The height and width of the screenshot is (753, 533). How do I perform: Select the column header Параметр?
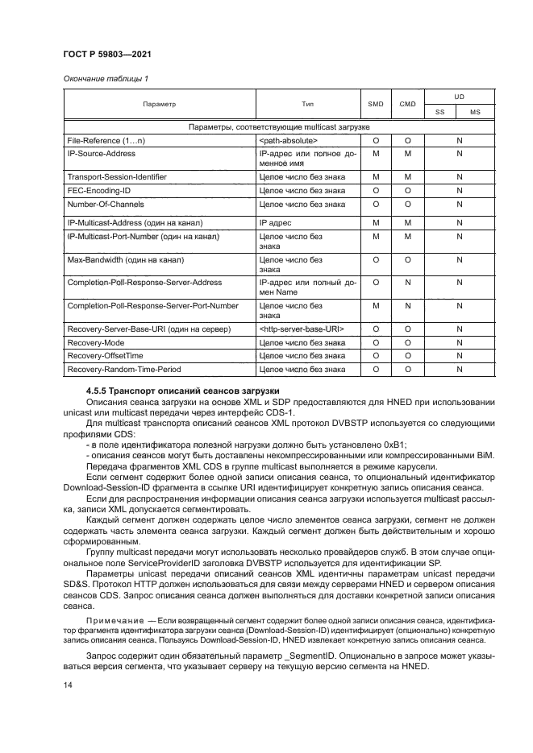(x=159, y=105)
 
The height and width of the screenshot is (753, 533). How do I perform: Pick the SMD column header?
(x=376, y=105)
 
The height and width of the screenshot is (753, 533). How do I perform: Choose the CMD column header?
(x=407, y=105)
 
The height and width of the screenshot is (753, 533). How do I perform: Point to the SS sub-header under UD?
(x=440, y=113)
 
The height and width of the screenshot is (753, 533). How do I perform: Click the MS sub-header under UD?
(x=476, y=113)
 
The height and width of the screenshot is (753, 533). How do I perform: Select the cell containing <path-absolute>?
(x=289, y=141)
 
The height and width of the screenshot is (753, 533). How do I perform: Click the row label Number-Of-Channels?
(x=105, y=205)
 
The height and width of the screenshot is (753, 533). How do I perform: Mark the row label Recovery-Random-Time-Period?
(x=123, y=370)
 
